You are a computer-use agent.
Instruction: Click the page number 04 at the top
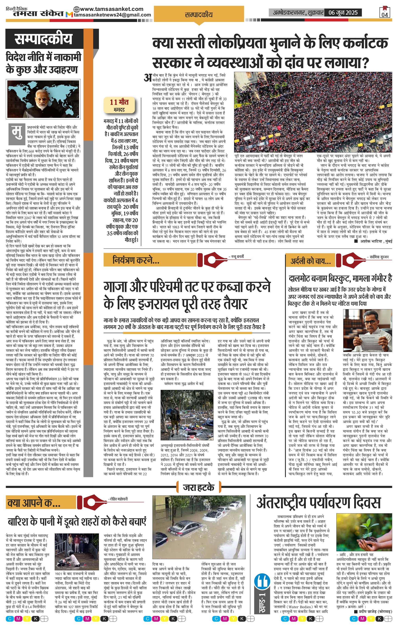pyautogui.click(x=385, y=14)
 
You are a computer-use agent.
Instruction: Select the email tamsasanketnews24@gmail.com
pyautogui.click(x=112, y=15)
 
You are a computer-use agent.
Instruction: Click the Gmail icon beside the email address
pyautogui.click(x=69, y=15)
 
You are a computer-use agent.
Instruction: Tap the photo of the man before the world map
pyautogui.click(x=43, y=99)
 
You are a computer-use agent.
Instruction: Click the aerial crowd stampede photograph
pyautogui.click(x=313, y=112)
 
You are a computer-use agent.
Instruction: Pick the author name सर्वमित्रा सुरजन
pyautogui.click(x=379, y=257)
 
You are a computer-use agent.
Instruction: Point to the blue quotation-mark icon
pyautogui.click(x=262, y=580)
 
